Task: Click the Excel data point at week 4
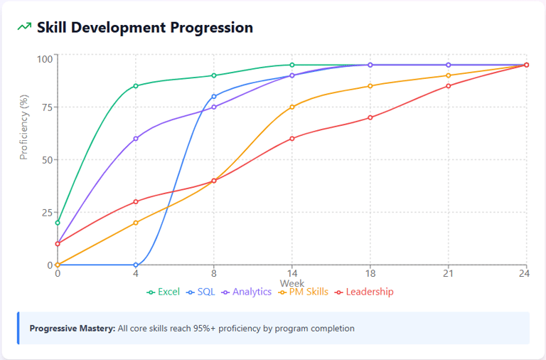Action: pos(136,86)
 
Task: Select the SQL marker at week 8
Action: pos(214,97)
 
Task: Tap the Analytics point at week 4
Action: pos(136,139)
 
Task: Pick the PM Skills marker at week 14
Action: pos(292,107)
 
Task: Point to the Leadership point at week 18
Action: pos(370,118)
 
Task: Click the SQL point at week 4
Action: pos(136,265)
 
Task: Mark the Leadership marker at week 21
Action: pos(448,86)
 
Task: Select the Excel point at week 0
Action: pos(58,223)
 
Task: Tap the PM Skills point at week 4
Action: pos(136,223)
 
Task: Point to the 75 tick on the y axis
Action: pos(45,107)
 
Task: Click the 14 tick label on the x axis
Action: pos(292,273)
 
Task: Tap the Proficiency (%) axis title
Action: pos(23,125)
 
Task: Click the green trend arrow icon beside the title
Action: pos(25,28)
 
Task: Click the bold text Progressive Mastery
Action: pos(71,329)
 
